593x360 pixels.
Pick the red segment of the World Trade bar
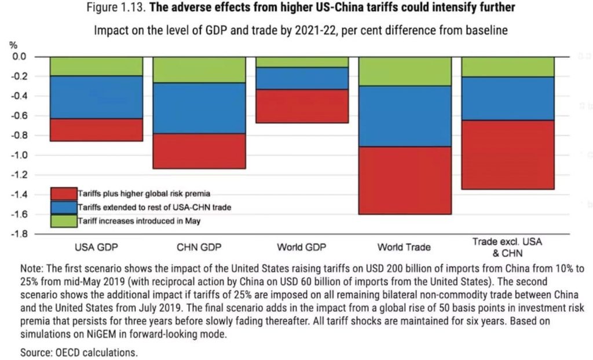point(404,180)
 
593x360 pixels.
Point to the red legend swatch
point(64,193)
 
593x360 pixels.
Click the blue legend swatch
point(64,207)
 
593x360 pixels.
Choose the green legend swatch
point(64,221)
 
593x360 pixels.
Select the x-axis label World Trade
point(404,247)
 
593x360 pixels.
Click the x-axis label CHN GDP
point(195,248)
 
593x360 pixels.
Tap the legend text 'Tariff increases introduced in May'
point(137,221)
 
